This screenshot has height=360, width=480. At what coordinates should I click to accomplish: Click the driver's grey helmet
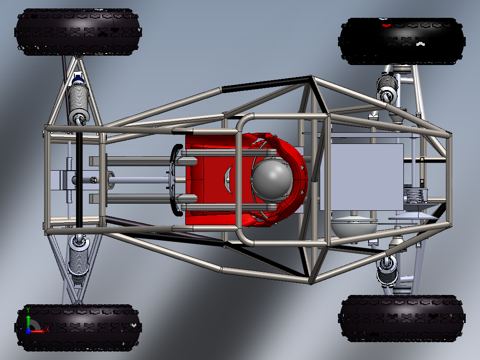pos(272,180)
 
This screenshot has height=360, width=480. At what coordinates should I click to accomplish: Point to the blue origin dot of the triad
pos(28,331)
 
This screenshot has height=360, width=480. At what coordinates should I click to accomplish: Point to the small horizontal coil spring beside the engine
pos(415,195)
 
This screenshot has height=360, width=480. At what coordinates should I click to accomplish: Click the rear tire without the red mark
pos(402,318)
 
